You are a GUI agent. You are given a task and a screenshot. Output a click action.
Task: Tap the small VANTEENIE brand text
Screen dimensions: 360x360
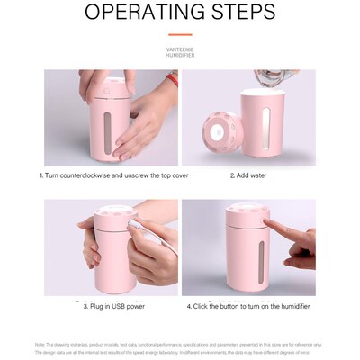click(180, 50)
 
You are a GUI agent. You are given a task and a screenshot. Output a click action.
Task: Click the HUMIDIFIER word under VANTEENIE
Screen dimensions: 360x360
click(180, 56)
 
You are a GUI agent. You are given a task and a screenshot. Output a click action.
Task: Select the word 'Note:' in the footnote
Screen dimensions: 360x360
click(40, 345)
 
